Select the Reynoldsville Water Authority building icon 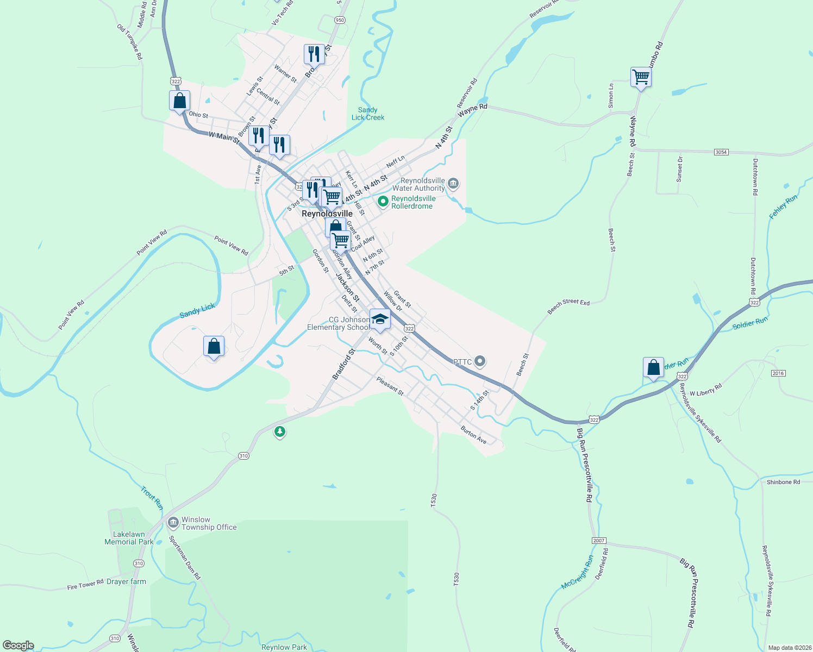click(453, 184)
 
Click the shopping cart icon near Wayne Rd click(641, 77)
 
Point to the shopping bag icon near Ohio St click(179, 101)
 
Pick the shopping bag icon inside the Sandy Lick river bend click(214, 346)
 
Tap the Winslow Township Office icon click(173, 523)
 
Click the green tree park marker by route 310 click(279, 432)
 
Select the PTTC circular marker click(479, 361)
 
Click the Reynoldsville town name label click(327, 214)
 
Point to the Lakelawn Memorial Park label click(129, 538)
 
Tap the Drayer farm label click(126, 581)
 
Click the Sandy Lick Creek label click(368, 114)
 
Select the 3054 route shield click(721, 152)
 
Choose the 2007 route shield click(598, 541)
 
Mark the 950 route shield click(340, 20)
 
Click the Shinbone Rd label click(783, 482)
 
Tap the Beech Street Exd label click(568, 306)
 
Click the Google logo click(18, 645)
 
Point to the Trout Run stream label click(152, 498)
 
